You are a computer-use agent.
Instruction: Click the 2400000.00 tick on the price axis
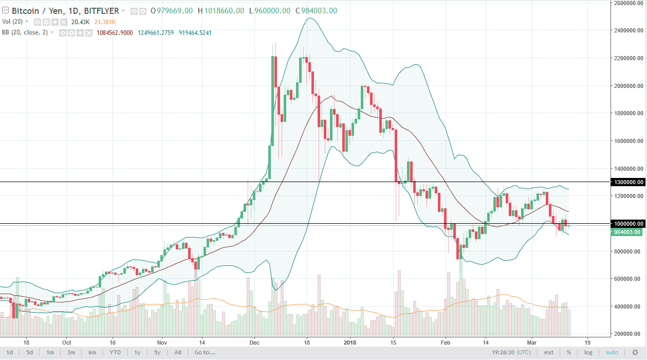[627, 31]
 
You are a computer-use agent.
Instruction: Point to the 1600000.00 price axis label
[627, 141]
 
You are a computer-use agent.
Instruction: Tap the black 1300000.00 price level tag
[628, 182]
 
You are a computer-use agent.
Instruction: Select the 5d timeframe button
[30, 352]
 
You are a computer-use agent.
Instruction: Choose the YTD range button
[115, 352]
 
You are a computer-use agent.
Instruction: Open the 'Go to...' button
[204, 352]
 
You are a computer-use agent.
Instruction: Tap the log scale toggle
[588, 352]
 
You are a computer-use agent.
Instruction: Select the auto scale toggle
[612, 352]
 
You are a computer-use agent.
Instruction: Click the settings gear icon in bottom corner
[635, 352]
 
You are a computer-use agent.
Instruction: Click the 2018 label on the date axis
[350, 341]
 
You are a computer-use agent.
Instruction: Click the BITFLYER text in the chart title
[101, 10]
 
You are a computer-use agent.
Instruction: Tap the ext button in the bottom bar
[549, 352]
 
